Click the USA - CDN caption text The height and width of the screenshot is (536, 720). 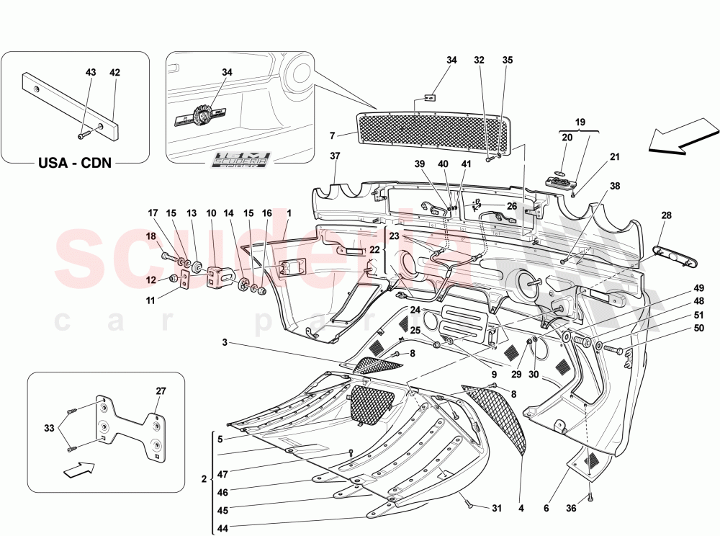coord(75,162)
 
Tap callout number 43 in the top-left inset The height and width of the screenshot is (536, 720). coord(91,73)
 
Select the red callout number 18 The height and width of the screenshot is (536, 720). coord(152,236)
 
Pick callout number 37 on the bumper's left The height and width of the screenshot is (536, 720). coord(335,156)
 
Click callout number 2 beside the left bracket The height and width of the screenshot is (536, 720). coord(204,479)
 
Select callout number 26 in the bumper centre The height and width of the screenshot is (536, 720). coord(512,206)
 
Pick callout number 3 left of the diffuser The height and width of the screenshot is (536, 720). coord(225,343)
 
